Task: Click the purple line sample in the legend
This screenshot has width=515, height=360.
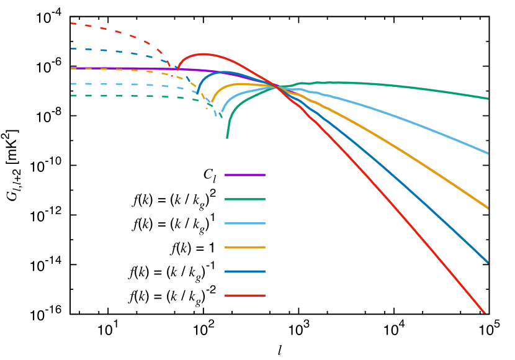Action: click(x=245, y=175)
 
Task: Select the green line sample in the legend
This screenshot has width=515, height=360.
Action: click(x=245, y=199)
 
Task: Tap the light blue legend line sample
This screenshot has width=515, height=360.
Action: click(x=245, y=223)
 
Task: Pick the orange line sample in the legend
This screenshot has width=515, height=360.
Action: click(x=245, y=248)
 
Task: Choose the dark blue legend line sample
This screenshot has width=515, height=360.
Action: click(x=245, y=271)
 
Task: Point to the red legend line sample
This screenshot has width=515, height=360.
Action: click(x=245, y=295)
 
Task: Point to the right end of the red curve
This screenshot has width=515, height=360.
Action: click(x=485, y=312)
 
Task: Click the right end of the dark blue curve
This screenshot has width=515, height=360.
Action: click(x=488, y=262)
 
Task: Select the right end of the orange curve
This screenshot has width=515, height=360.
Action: click(x=488, y=208)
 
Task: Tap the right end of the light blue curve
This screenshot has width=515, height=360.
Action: click(x=488, y=153)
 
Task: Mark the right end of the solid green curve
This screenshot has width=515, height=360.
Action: click(x=488, y=98)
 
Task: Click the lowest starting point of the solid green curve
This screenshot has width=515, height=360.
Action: click(x=227, y=137)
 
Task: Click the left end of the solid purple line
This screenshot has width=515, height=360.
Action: click(x=72, y=68)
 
